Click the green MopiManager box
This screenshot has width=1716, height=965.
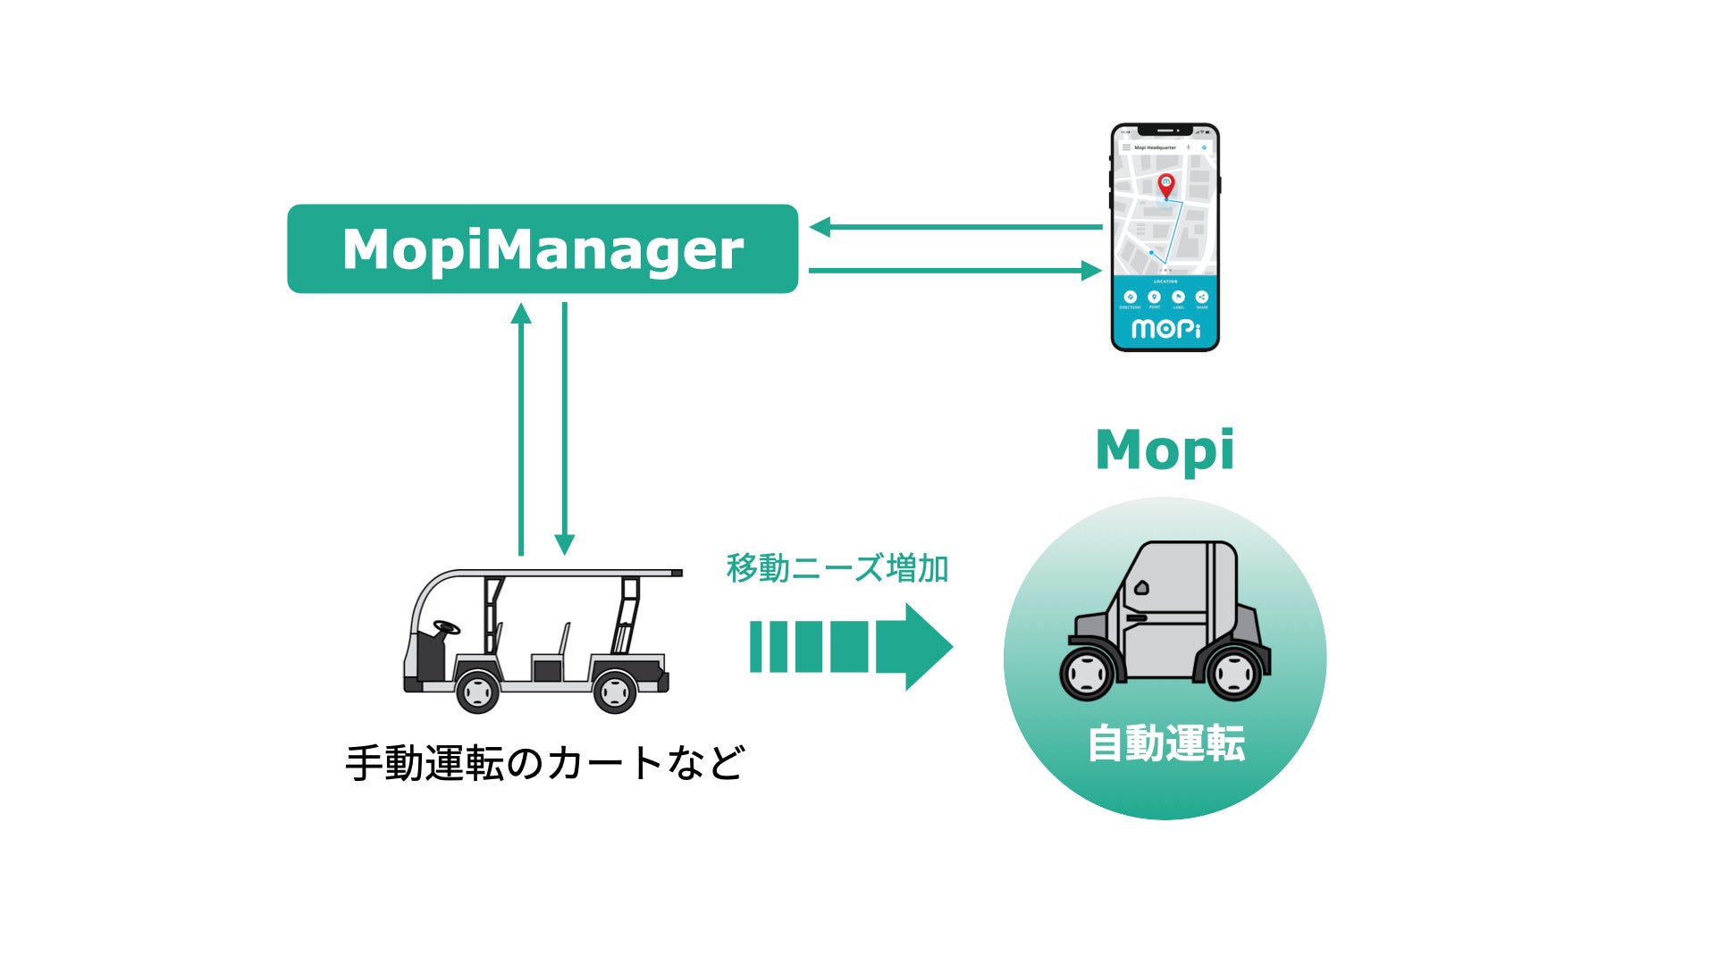542,248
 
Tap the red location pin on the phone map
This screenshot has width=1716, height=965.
1165,185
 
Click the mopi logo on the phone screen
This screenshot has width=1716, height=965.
1165,329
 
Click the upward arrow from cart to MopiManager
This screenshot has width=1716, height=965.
521,429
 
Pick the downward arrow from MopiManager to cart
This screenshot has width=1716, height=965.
564,429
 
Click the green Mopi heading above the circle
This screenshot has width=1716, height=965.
1165,449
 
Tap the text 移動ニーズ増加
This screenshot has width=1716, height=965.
837,568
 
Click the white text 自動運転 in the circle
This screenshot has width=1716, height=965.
1165,743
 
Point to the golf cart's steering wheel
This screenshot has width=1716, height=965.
446,626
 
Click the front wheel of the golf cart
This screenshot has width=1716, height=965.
477,691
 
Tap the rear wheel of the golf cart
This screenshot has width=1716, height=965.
615,691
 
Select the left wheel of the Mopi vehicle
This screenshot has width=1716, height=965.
1087,673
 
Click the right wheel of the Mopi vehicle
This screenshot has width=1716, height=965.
1233,673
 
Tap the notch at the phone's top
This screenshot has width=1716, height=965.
1165,130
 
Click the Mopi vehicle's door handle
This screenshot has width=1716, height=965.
1136,617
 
